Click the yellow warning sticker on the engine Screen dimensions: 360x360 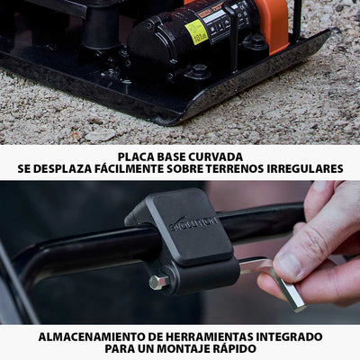[196, 31]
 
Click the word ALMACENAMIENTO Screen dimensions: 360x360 [90, 336]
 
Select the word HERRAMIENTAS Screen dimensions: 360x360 [209, 336]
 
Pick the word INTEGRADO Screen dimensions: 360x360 [288, 336]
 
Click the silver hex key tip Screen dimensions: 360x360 [290, 297]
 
